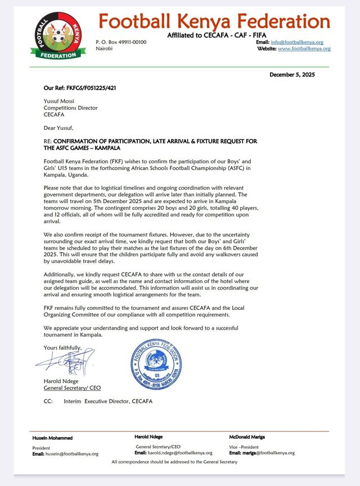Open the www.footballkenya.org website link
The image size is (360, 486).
pyautogui.click(x=304, y=49)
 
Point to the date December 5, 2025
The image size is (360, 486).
pyautogui.click(x=300, y=75)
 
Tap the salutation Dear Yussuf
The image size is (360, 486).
pyautogui.click(x=58, y=128)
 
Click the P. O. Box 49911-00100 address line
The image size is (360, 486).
pyautogui.click(x=120, y=42)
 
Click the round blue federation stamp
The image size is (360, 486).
pyautogui.click(x=156, y=364)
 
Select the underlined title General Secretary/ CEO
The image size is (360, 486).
pyautogui.click(x=73, y=388)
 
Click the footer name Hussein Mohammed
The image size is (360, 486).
pyautogui.click(x=52, y=438)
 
